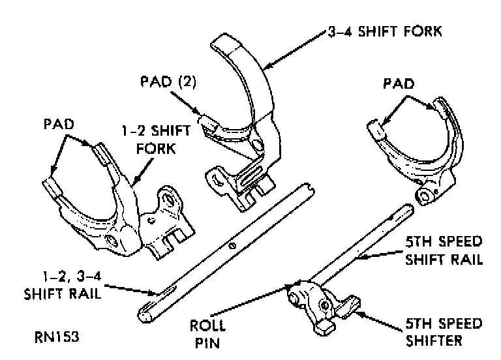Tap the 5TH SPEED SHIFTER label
pyautogui.click(x=444, y=331)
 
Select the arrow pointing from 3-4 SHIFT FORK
pyautogui.click(x=294, y=50)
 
